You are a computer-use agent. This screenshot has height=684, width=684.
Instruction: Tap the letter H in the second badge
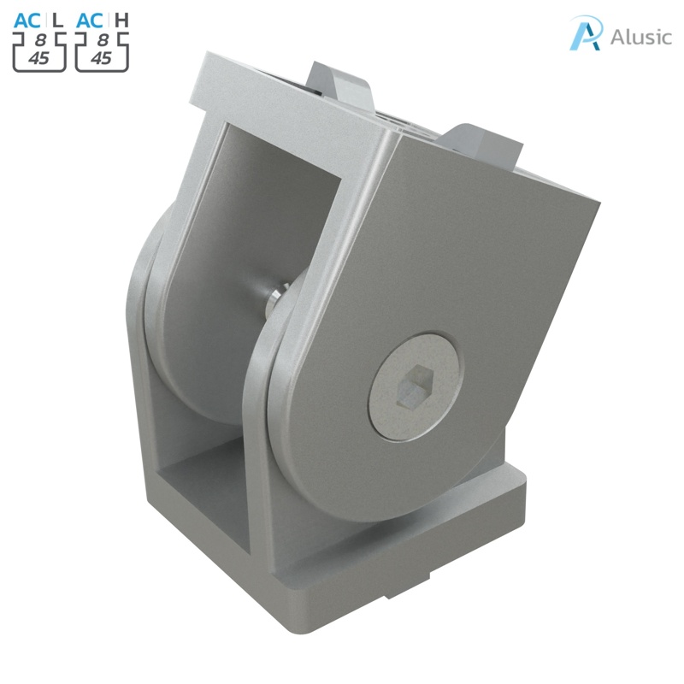coord(121,18)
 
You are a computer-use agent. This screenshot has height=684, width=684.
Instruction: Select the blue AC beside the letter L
coord(27,18)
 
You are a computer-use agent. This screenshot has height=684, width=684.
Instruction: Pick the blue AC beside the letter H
coord(90,18)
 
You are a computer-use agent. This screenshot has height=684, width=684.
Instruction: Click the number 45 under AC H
coord(101,58)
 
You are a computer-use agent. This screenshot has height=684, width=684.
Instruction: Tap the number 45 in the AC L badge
coord(38,58)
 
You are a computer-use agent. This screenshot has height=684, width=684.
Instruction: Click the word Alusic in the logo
coord(641,37)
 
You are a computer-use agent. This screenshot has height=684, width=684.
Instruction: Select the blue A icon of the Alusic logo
coord(587,33)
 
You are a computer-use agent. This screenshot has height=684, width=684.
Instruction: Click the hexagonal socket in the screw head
coord(414,386)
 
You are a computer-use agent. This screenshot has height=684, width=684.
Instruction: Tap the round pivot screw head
coord(414,386)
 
